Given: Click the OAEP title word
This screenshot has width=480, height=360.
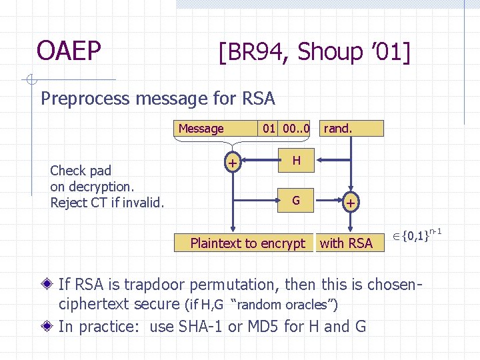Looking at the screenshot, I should (x=69, y=51).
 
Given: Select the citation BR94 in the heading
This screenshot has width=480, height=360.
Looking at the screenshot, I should (x=253, y=51).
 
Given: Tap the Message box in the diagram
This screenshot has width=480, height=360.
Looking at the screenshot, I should (x=201, y=129).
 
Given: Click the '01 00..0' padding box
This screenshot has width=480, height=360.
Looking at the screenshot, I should (x=286, y=128).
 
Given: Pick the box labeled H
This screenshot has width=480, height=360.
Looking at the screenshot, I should (x=297, y=160).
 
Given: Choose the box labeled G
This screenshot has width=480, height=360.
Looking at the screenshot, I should (x=296, y=200).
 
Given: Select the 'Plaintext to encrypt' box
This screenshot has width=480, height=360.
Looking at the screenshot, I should (x=247, y=243).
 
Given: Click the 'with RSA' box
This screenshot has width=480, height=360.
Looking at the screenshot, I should (x=346, y=243).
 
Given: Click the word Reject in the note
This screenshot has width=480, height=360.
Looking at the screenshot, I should (x=69, y=203).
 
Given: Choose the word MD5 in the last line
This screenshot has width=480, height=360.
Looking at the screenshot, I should (x=273, y=327).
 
